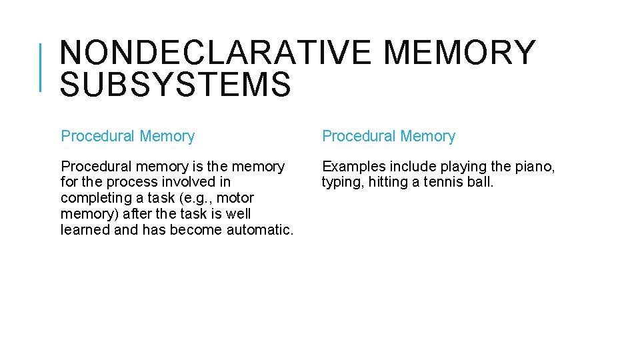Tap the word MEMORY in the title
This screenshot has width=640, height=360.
click(x=459, y=53)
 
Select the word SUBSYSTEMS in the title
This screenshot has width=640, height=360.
click(x=175, y=85)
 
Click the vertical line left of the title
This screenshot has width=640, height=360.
click(x=42, y=67)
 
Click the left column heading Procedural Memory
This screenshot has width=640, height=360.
click(x=127, y=137)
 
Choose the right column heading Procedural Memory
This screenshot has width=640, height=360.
click(x=389, y=137)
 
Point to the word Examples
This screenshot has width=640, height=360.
click(x=353, y=166)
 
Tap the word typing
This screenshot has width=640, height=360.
click(x=342, y=183)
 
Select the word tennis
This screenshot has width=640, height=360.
click(x=437, y=182)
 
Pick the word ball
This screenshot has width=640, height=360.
click(x=479, y=182)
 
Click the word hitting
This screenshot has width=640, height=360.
click(x=390, y=182)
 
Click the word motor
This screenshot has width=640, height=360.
click(x=235, y=198)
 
